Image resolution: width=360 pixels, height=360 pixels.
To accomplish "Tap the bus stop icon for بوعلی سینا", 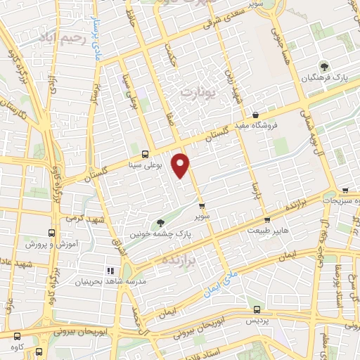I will point(146,154).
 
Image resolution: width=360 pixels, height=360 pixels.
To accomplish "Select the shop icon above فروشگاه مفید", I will point(255,115).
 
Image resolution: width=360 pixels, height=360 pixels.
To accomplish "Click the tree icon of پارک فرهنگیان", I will point(324,65).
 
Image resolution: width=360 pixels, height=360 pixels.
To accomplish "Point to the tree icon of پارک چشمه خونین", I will point(160,222).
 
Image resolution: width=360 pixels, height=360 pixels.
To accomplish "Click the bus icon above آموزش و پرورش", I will point(51,233).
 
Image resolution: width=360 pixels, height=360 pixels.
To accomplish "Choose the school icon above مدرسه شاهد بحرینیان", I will point(110,270).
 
